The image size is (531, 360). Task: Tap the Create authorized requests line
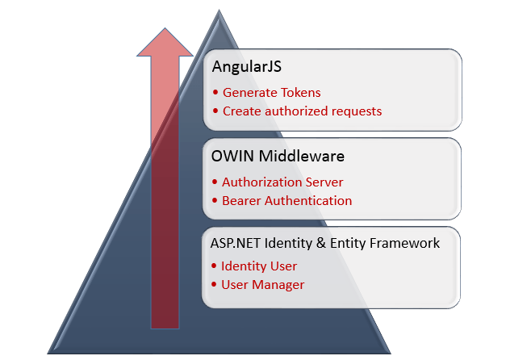point(302,111)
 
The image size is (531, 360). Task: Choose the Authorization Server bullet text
point(282,182)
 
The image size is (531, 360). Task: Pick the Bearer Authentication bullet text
point(286,200)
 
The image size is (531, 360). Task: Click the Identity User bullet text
point(259,266)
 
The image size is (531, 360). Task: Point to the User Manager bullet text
point(262,284)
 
